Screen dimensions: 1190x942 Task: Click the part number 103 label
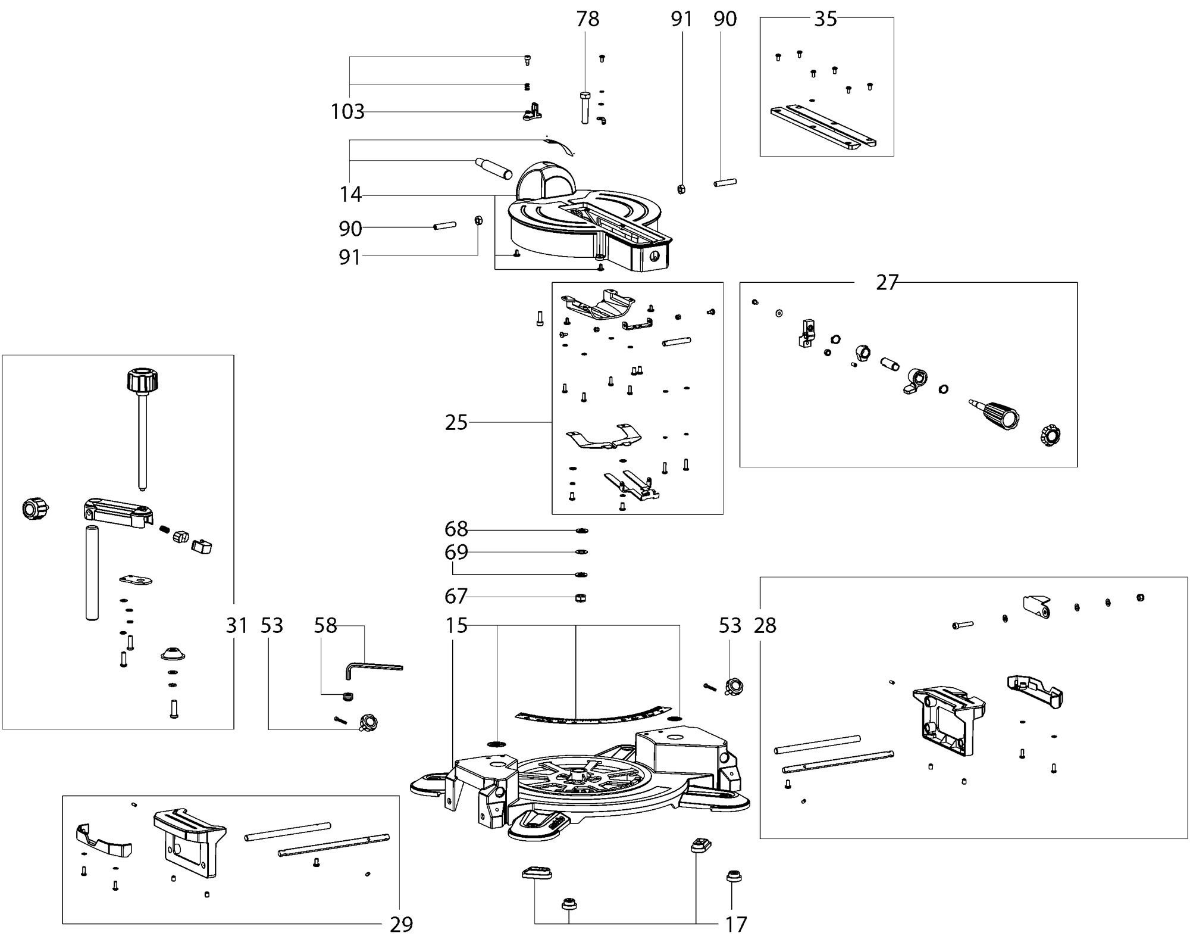347,111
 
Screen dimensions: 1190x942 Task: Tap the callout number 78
588,19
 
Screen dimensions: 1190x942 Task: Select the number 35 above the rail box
826,19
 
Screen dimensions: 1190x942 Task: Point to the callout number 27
887,282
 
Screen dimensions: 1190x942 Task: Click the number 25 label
456,423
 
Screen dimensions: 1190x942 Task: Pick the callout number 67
456,596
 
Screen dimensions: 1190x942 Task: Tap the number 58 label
325,626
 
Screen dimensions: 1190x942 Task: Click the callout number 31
237,626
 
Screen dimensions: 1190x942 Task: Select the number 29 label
402,925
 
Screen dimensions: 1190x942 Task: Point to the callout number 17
736,925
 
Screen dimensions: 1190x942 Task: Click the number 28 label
765,626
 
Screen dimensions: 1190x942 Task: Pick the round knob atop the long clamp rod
143,380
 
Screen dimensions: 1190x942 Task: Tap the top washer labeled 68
581,531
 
